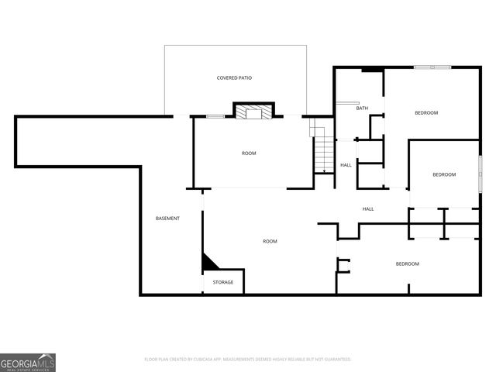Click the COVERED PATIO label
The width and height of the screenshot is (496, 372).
point(234,78)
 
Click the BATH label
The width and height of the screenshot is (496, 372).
point(362,108)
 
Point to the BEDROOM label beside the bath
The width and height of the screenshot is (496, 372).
point(426,113)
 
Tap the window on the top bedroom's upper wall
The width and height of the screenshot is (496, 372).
point(432,67)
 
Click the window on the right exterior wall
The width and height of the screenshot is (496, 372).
point(480,169)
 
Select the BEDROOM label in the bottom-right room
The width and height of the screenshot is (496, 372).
point(408,264)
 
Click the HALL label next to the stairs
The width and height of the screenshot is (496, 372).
point(346,165)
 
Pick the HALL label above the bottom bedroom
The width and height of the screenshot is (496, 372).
point(369,209)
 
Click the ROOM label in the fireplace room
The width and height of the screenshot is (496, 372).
point(249,153)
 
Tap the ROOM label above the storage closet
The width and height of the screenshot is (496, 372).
point(270,242)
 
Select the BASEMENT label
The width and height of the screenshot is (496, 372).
point(167,219)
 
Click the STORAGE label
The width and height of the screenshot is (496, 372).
point(223,283)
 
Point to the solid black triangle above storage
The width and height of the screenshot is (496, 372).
point(208,263)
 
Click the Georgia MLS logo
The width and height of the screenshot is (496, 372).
point(28,363)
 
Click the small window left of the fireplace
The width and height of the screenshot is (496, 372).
point(215,116)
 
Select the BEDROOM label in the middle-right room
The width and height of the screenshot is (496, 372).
point(444,175)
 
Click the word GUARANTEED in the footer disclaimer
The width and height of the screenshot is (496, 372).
point(335,360)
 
